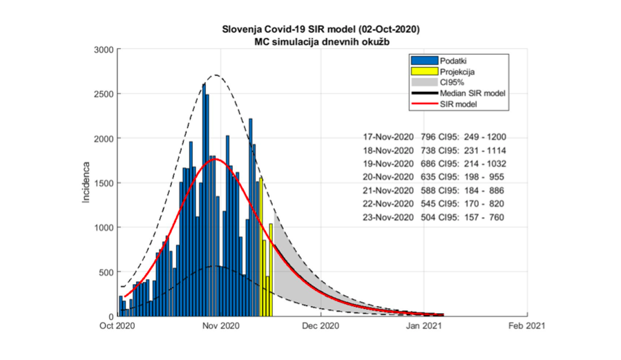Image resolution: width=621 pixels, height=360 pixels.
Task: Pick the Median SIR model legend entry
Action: (x=472, y=93)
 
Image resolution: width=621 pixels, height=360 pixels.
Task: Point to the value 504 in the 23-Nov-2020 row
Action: (x=428, y=218)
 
